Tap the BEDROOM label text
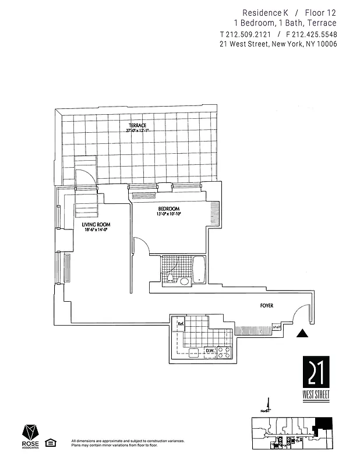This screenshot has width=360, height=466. click(x=168, y=209)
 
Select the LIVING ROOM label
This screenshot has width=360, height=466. click(x=96, y=224)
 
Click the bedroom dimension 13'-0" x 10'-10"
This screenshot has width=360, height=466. click(x=169, y=214)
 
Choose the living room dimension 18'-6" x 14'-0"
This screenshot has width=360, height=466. click(x=96, y=230)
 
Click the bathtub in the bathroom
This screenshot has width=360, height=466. click(x=199, y=270)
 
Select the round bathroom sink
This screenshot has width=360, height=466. click(x=185, y=281)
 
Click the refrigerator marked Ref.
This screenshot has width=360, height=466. click(x=181, y=324)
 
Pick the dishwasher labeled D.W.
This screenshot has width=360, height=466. click(x=210, y=350)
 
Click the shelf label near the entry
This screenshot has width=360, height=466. click(x=276, y=328)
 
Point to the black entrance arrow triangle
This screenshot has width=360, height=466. click(x=302, y=334)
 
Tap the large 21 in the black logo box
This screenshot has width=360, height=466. click(x=316, y=372)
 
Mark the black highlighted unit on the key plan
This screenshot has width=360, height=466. click(x=322, y=425)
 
